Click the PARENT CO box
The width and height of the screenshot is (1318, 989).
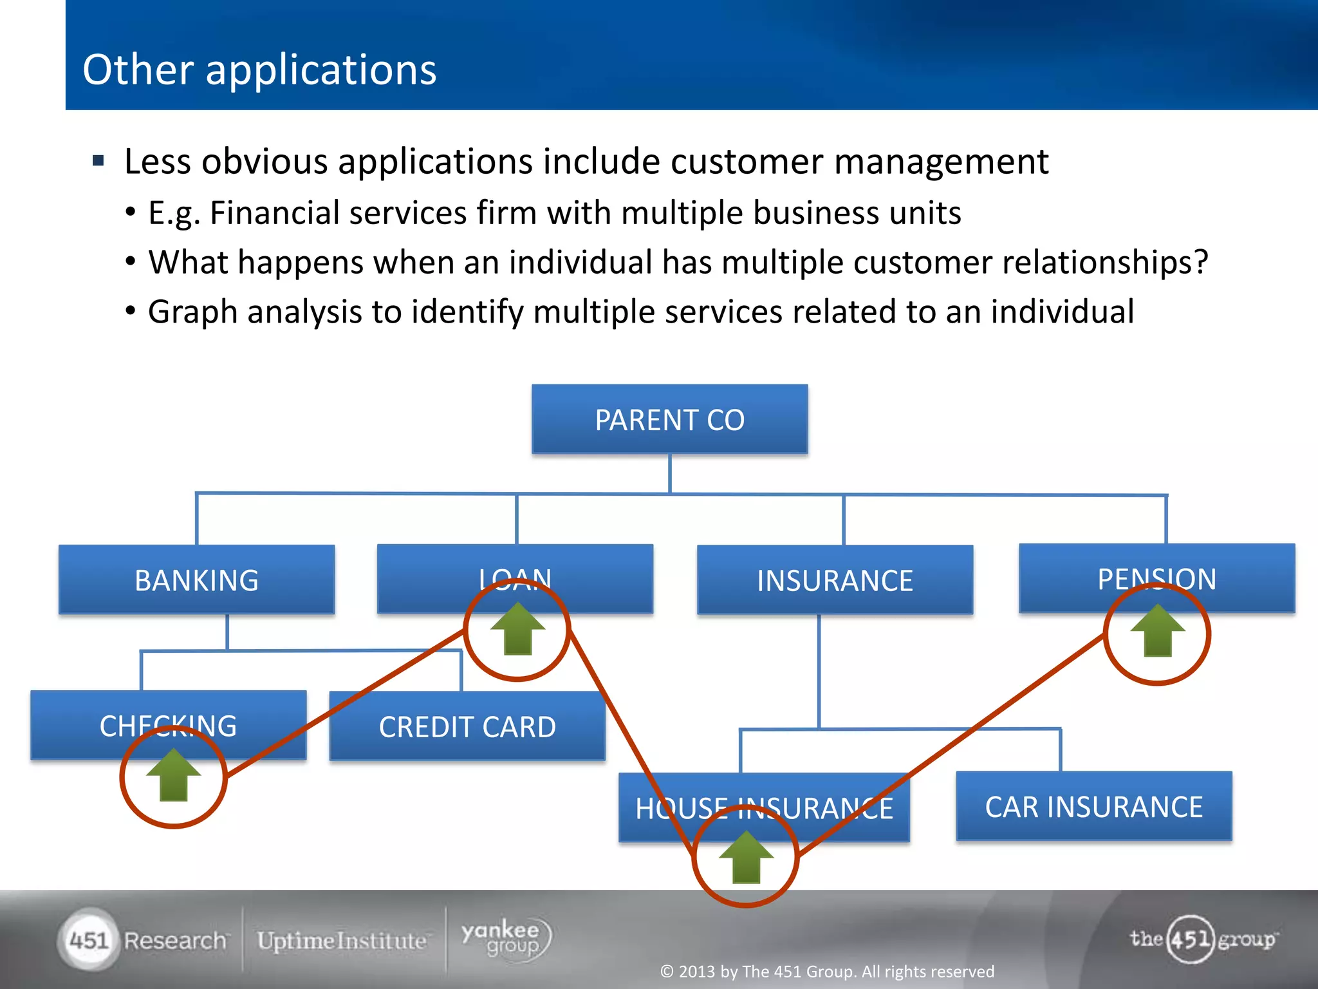[669, 420]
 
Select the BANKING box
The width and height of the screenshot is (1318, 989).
[196, 580]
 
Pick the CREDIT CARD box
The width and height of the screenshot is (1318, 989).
[467, 727]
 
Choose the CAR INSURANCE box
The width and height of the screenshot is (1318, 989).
[1093, 807]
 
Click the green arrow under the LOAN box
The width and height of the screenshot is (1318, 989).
[517, 629]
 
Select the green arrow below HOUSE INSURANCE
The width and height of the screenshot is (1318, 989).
[746, 858]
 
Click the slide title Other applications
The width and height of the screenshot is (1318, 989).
[259, 70]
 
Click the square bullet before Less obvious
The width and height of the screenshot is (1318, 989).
[98, 160]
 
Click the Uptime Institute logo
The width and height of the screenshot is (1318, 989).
[342, 941]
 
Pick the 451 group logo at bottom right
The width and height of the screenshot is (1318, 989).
[1202, 939]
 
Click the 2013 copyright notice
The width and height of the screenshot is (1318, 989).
[827, 971]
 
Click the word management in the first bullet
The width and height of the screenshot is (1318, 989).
[941, 162]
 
